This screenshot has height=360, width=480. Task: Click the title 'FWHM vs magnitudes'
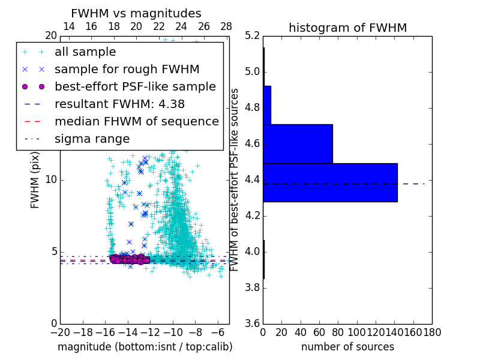tap(136, 13)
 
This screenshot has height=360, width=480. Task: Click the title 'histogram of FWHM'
tap(347, 28)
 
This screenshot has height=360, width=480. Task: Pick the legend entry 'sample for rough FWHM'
tap(127, 70)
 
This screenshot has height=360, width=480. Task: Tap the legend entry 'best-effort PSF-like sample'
tap(135, 87)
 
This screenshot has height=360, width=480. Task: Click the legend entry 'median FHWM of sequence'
tap(136, 122)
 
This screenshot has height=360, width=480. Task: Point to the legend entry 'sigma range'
tap(92, 139)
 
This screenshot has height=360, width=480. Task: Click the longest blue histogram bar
tap(330, 182)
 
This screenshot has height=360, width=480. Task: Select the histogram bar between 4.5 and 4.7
tap(298, 143)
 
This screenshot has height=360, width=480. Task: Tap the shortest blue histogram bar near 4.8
tap(267, 105)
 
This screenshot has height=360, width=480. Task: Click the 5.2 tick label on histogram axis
tap(252, 36)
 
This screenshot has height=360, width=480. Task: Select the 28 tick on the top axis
tap(226, 26)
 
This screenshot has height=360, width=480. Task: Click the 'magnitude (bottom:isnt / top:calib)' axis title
tap(145, 347)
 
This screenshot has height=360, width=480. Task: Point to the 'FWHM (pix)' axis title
tap(35, 180)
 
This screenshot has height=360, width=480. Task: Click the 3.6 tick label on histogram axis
tap(252, 323)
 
